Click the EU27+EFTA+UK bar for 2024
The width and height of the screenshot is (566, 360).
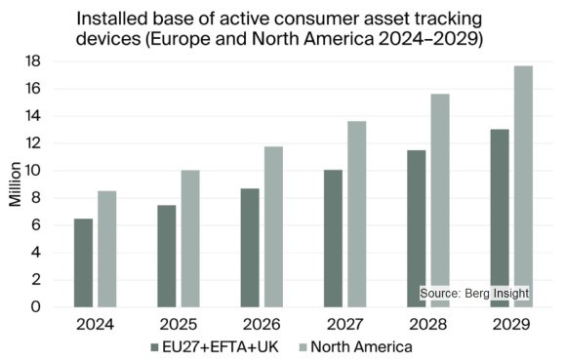[x=83, y=262]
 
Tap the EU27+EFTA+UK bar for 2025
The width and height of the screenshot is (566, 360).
[x=167, y=256]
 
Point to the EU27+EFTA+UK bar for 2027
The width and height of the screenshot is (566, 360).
[x=334, y=238]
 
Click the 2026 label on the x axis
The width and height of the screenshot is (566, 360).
[x=263, y=324]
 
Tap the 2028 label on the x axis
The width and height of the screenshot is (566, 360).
[x=429, y=324]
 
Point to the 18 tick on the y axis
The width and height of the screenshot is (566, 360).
[x=33, y=61]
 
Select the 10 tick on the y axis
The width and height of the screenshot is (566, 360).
[x=33, y=171]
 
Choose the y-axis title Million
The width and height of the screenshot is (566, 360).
[x=15, y=183]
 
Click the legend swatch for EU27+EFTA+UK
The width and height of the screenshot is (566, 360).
[x=154, y=346]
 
